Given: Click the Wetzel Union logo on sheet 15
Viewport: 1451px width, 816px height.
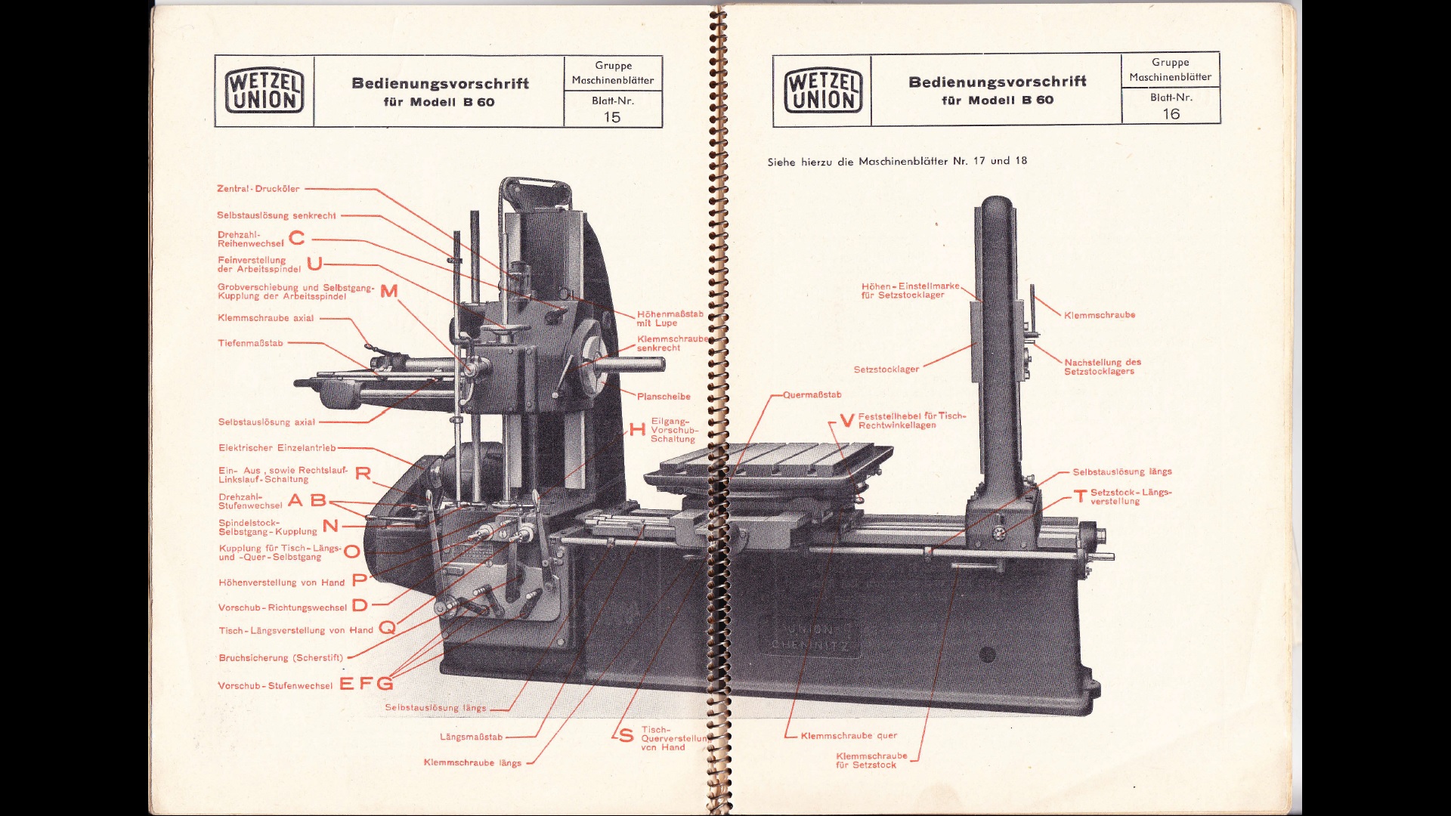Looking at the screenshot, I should tap(265, 91).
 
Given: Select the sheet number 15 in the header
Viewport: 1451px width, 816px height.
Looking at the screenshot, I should tap(612, 117).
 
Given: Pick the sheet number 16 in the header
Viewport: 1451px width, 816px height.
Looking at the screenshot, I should tap(1171, 114).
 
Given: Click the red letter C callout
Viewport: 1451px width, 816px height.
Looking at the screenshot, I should tap(297, 239).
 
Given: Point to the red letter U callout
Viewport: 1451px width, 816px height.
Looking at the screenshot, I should tap(314, 264).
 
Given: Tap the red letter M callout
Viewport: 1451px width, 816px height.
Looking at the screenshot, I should tap(389, 292).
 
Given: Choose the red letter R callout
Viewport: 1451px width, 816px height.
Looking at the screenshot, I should tap(363, 474).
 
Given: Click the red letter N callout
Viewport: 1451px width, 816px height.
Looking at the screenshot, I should tap(330, 526).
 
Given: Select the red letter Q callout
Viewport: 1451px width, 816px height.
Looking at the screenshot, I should tap(387, 628).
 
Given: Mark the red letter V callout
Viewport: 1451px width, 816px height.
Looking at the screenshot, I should tap(846, 421).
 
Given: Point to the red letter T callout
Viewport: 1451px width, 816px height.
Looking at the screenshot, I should tap(1081, 496).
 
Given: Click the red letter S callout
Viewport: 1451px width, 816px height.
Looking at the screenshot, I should tap(626, 736).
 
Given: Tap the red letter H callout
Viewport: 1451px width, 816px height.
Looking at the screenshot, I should tap(637, 430).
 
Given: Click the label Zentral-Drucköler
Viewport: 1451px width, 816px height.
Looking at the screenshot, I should tap(258, 189).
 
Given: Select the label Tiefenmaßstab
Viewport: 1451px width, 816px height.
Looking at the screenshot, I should tap(250, 343).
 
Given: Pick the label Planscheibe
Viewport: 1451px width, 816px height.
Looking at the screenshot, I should tap(664, 397).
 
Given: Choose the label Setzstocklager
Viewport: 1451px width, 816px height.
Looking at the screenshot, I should tap(886, 369).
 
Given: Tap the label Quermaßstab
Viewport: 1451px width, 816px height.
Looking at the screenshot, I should tap(812, 395).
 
